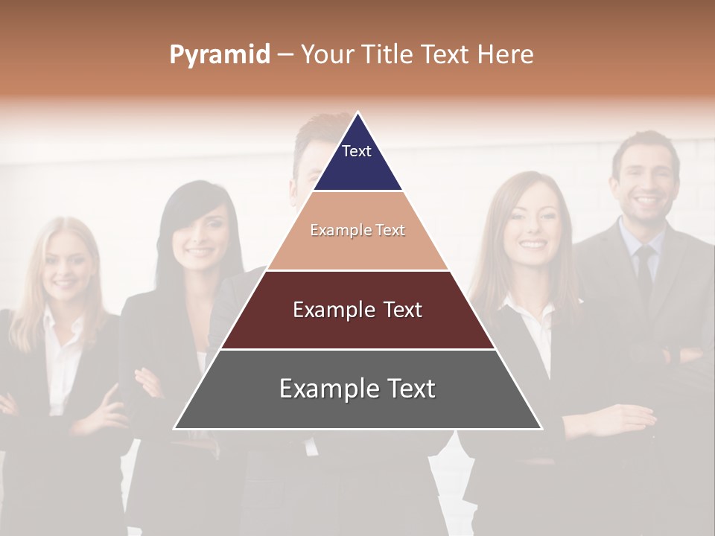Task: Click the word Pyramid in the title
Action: [219, 55]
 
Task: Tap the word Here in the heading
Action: [505, 55]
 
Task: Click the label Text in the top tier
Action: [357, 151]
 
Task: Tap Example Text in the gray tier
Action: [357, 389]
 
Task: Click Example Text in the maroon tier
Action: [357, 310]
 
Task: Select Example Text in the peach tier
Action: [357, 230]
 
